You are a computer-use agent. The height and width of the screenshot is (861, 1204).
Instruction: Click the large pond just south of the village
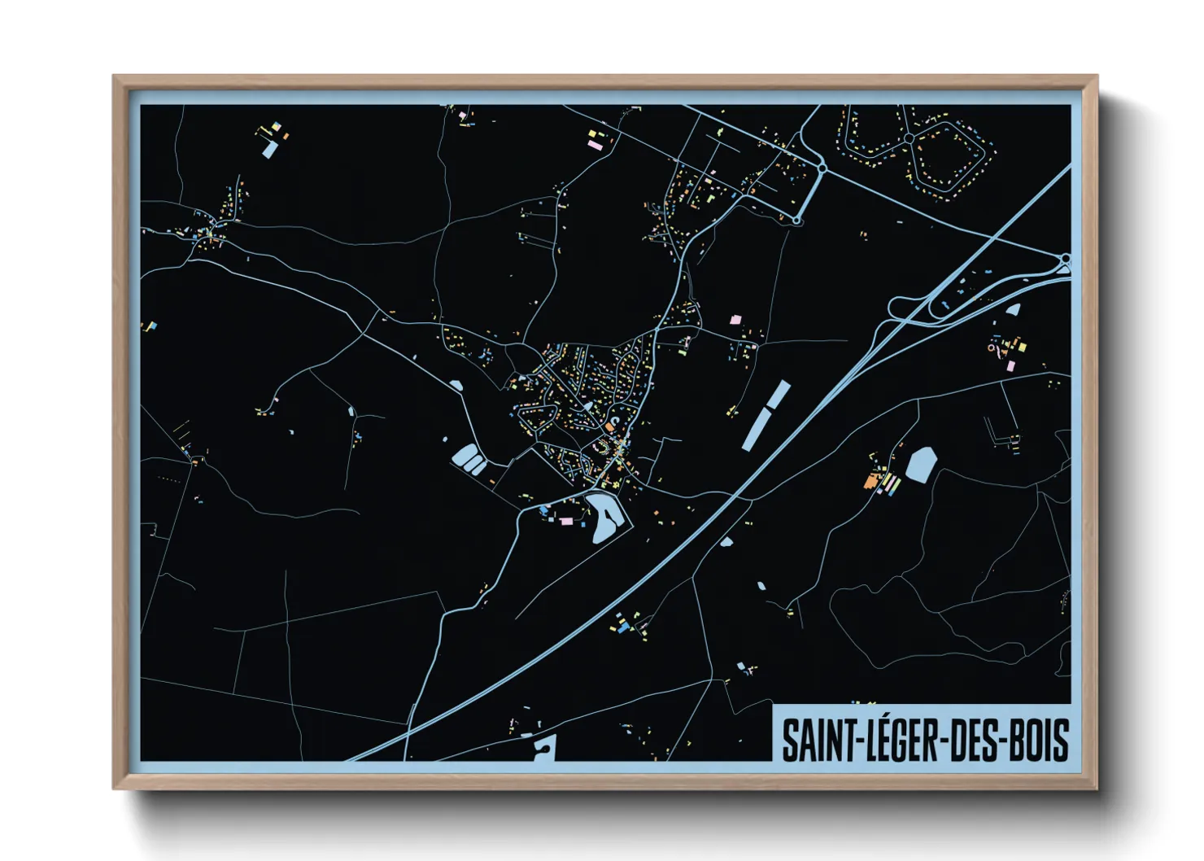tap(606, 518)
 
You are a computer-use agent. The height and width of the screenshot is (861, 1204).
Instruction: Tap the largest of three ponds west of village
tap(465, 456)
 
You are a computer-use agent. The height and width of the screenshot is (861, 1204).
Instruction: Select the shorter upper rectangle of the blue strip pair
tap(778, 396)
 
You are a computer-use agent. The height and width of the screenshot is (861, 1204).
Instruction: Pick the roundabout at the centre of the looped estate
tap(909, 138)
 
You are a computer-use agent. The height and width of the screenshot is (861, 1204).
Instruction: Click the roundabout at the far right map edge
tap(1066, 260)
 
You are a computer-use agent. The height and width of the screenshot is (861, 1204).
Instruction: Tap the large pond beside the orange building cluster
tap(921, 464)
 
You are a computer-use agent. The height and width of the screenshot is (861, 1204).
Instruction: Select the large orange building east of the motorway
tap(871, 482)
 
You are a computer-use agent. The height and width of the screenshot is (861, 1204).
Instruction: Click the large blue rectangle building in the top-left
tap(268, 149)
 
